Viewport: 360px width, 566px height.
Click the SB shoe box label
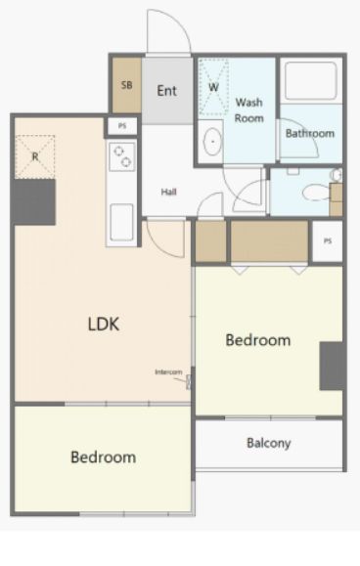coord(127,85)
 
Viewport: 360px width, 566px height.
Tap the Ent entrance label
coord(167,90)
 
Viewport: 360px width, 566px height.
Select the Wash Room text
coord(249,110)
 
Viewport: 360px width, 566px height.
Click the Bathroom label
coord(310,133)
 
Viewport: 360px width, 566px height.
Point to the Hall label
coord(168,192)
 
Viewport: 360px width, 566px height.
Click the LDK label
coord(104,324)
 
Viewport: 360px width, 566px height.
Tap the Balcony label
coord(269,443)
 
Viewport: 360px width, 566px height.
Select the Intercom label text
coord(168,371)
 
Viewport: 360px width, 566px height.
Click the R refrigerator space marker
coord(35,157)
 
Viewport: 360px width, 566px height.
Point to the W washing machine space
coord(214,87)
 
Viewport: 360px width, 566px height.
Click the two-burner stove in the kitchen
coord(122,156)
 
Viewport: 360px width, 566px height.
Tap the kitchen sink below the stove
coord(121,222)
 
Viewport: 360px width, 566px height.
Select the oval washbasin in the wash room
coord(212,141)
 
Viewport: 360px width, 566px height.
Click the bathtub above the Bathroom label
coord(310,81)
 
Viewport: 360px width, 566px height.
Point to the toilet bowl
coord(316,192)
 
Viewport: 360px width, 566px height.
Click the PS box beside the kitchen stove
coord(122,126)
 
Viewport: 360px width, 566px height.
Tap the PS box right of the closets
coord(327,240)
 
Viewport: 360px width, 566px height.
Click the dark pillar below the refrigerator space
coord(34,201)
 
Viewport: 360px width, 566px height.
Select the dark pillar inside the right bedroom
coord(331,366)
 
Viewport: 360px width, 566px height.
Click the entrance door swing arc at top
coord(177,22)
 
